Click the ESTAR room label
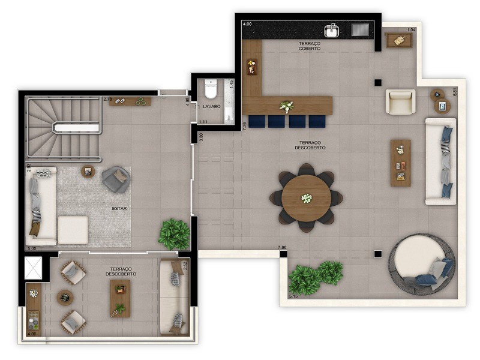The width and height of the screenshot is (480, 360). click(x=119, y=209)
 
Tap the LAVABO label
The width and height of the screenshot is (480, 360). click(x=211, y=106)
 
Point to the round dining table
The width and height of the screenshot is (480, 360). click(x=306, y=199)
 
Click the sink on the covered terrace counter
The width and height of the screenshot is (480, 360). click(x=332, y=30)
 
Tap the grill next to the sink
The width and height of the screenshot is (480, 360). click(x=361, y=29)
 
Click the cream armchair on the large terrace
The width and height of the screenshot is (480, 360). click(x=400, y=102)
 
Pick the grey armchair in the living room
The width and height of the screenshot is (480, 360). click(x=115, y=179)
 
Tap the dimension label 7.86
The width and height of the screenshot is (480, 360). click(x=282, y=248)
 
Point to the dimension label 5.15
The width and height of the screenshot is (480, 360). click(x=293, y=296)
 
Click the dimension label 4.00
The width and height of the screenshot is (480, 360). click(x=247, y=24)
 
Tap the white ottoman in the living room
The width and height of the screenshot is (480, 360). click(x=73, y=229)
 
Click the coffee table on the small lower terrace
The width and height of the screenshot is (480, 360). click(x=120, y=298)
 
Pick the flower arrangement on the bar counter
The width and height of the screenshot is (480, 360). click(x=287, y=107)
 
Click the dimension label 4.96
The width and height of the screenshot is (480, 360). click(x=32, y=334)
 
